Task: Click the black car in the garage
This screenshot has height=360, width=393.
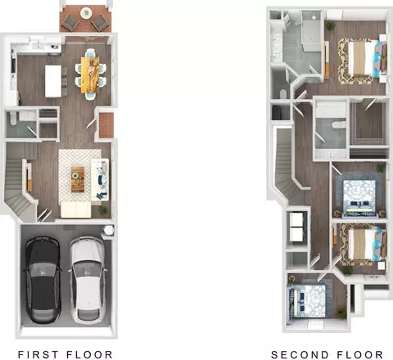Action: [x=43, y=280]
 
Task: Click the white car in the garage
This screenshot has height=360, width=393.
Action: [x=88, y=279]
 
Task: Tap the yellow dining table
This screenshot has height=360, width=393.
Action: [x=90, y=74]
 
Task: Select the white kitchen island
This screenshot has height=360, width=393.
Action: [x=53, y=81]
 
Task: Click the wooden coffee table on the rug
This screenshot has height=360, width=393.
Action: [x=78, y=179]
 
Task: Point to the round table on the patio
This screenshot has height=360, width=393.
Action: [x=86, y=13]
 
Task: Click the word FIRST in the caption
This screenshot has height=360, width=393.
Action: [x=38, y=354]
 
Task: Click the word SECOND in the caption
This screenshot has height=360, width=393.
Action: [x=300, y=354]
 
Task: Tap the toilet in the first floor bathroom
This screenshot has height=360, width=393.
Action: [x=12, y=119]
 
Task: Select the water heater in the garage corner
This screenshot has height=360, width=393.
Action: [x=108, y=230]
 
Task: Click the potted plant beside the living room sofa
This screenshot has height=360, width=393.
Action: [x=103, y=210]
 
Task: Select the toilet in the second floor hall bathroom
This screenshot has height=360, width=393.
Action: [x=339, y=125]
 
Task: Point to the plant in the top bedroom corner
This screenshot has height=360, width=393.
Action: [x=331, y=25]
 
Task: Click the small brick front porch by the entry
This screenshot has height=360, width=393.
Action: [x=106, y=125]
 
